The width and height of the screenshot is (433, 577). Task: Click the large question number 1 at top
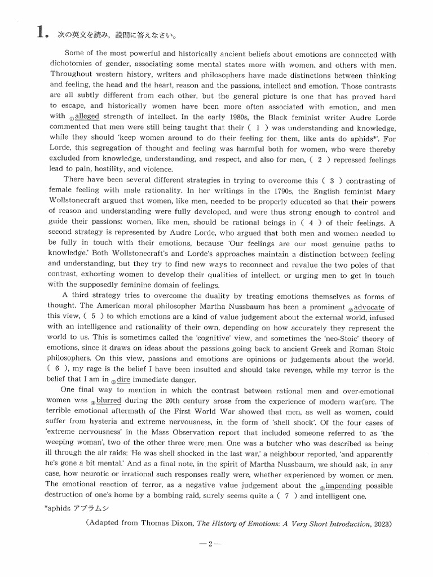[x=40, y=33]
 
